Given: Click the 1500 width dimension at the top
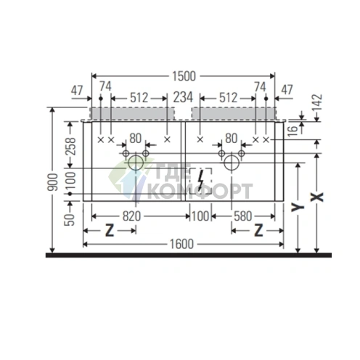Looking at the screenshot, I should [183, 75].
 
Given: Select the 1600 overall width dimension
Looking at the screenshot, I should [184, 244].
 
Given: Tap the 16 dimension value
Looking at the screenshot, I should [291, 129].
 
